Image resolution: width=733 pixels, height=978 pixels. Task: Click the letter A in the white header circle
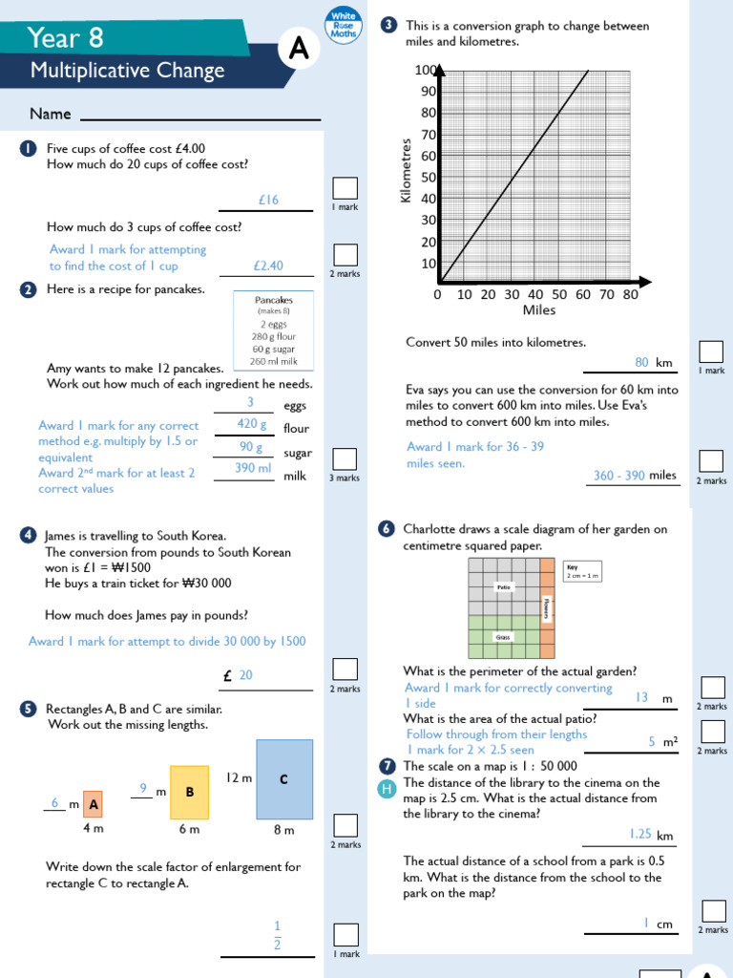click(x=298, y=53)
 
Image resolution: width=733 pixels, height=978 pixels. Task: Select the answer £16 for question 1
click(x=268, y=200)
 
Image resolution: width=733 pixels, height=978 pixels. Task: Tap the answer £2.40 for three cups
click(x=268, y=266)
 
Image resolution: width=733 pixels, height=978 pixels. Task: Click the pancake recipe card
click(x=274, y=330)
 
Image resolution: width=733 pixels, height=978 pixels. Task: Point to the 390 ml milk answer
click(x=252, y=468)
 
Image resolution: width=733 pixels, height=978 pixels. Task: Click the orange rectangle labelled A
click(x=93, y=804)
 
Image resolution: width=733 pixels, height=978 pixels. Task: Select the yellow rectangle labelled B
click(x=189, y=792)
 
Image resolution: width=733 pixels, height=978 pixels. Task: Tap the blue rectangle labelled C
click(x=283, y=779)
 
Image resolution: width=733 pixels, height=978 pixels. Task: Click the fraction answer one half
click(x=278, y=935)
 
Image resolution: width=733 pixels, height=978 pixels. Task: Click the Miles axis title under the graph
click(x=539, y=310)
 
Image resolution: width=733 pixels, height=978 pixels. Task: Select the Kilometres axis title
click(x=407, y=170)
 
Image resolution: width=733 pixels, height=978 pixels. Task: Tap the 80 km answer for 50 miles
click(x=642, y=362)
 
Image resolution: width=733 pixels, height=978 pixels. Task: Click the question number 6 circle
click(x=387, y=528)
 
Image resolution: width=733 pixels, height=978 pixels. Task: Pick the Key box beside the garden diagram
click(x=582, y=571)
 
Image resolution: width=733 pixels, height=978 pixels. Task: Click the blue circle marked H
click(x=387, y=788)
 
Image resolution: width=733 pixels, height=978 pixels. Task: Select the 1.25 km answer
click(x=640, y=834)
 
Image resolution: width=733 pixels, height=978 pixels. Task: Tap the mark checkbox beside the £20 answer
click(x=346, y=669)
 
